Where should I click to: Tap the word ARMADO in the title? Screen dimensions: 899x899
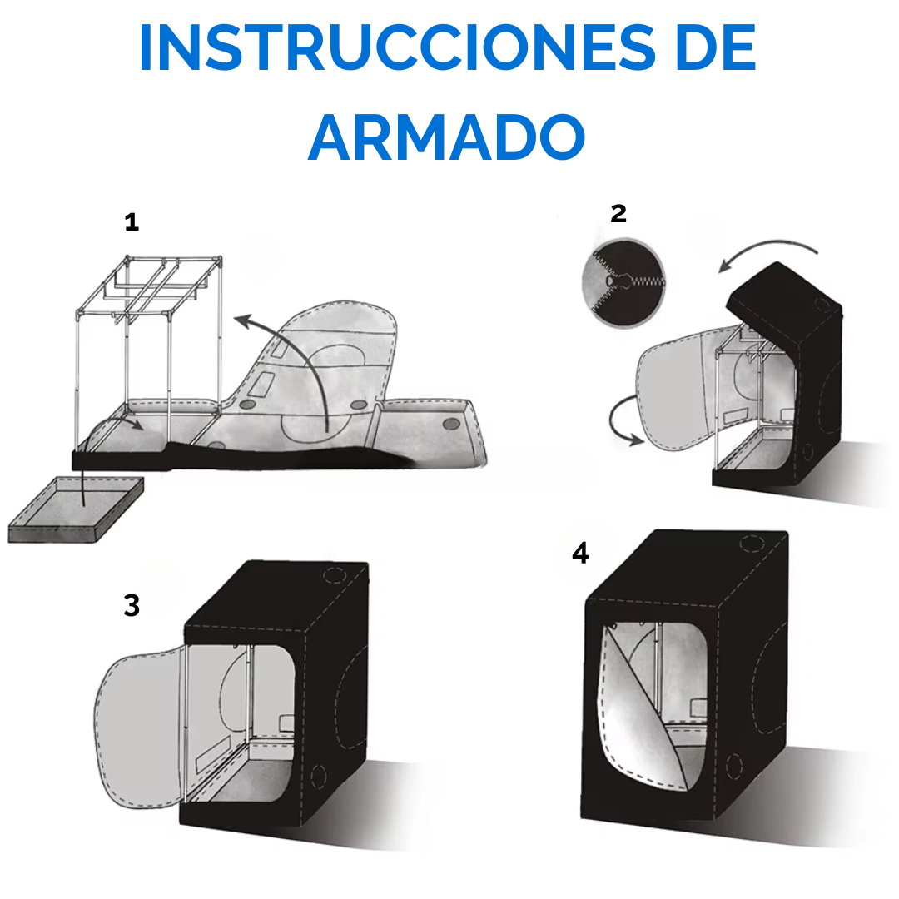pos(447,137)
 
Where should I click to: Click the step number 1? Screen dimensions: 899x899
pos(132,222)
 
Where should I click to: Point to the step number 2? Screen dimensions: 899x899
pos(618,213)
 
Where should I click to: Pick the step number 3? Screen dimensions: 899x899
pos(132,605)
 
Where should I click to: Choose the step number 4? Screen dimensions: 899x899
pos(580,554)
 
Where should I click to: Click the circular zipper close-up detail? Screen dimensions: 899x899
pos(623,283)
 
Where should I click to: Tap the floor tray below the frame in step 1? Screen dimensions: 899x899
pos(76,509)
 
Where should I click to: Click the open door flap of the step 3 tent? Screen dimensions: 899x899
pos(139,728)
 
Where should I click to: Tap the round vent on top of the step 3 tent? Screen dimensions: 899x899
pos(335,574)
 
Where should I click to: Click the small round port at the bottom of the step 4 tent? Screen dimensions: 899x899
pos(734,766)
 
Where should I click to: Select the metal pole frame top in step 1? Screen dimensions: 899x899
pos(150,286)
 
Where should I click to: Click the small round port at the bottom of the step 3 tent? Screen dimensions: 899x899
pos(319,777)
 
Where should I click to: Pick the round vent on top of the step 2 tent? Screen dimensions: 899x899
pos(822,304)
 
